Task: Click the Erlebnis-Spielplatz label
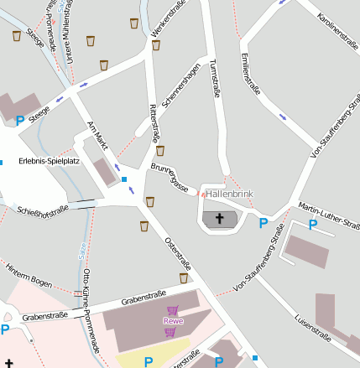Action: (48, 160)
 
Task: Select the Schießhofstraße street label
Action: (42, 210)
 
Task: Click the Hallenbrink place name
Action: (228, 194)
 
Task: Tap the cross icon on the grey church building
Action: (221, 220)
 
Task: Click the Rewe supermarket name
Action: (173, 320)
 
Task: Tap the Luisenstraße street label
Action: (313, 323)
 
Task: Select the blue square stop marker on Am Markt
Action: (124, 179)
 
